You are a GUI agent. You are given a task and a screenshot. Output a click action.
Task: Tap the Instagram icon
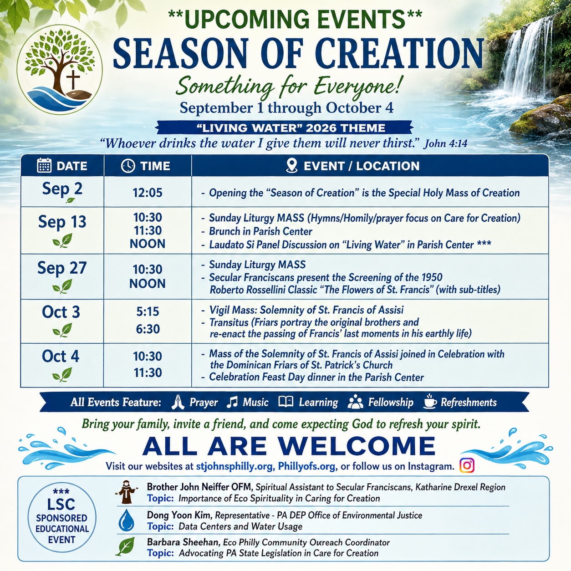467,465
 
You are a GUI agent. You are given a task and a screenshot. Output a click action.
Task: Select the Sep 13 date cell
62,230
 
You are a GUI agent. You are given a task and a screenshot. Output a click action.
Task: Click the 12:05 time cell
148,193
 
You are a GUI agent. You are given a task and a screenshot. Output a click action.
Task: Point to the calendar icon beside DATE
44,165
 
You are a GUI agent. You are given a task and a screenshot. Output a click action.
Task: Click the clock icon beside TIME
128,166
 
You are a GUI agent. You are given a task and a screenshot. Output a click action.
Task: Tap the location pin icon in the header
291,165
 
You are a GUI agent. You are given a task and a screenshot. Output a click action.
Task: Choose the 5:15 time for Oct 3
148,311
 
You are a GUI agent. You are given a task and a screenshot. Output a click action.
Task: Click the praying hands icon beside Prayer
178,402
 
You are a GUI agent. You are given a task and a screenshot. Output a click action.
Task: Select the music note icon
232,402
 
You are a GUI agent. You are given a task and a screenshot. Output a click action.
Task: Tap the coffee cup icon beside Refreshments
430,402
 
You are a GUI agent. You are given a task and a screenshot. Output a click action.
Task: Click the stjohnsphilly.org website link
234,466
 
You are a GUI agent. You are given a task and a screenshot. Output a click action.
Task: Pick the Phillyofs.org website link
306,466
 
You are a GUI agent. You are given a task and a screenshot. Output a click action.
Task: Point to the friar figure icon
126,492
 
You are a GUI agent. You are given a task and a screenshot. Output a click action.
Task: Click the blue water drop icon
126,520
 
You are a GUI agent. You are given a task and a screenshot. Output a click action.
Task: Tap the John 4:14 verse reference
445,144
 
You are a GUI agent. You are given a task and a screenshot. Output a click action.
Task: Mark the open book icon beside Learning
285,402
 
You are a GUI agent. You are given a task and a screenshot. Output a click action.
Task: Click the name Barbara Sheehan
183,542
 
